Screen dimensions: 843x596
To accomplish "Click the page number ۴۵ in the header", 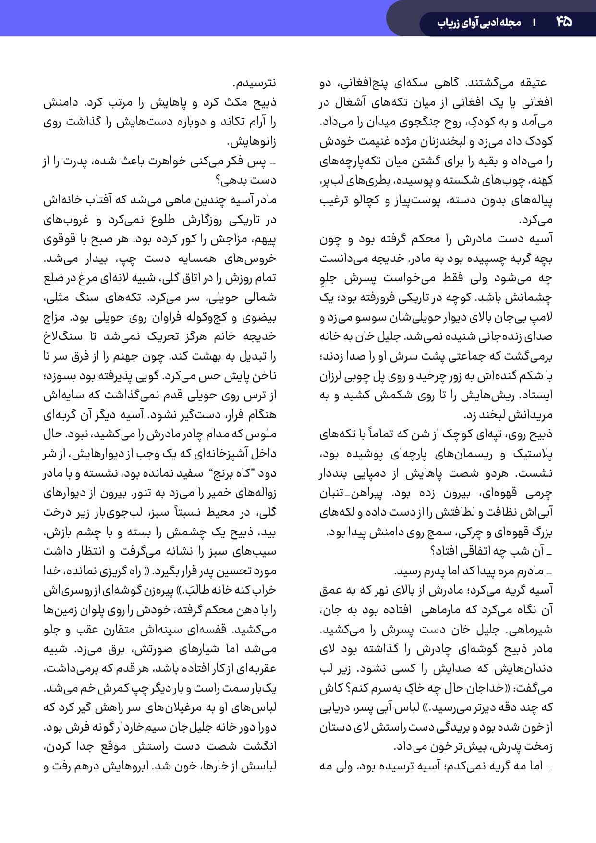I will pyautogui.click(x=564, y=22).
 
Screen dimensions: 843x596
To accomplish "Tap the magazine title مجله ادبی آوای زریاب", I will pyautogui.click(x=479, y=23).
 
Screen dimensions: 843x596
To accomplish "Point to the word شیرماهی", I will pyautogui.click(x=534, y=630).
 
